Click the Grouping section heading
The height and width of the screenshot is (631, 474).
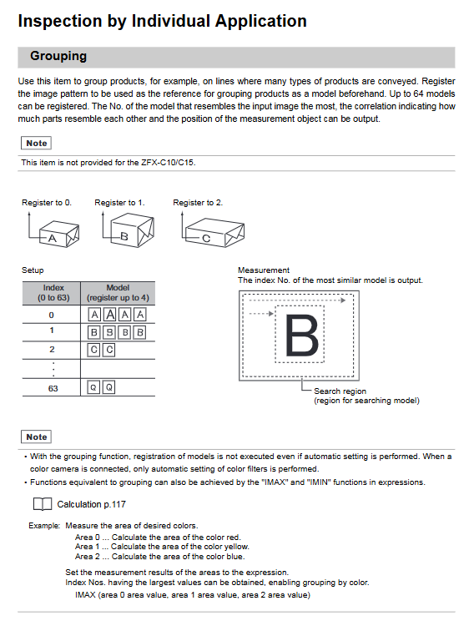coord(58,56)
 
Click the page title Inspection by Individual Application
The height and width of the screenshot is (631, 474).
coord(162,21)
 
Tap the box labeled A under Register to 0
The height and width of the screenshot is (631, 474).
coord(59,234)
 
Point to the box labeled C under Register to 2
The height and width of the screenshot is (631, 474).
coord(214,233)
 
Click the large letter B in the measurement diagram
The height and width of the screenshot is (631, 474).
coord(301,336)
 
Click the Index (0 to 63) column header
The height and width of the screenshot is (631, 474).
coord(53,293)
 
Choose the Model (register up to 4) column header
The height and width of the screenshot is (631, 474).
coord(118,293)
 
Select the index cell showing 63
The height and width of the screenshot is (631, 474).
coord(53,388)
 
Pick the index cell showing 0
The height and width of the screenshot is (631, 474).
coord(51,315)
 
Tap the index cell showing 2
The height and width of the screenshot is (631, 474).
coord(52,349)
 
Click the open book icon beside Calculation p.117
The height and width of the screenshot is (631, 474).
coord(43,504)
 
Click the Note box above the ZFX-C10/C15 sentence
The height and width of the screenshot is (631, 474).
coord(36,144)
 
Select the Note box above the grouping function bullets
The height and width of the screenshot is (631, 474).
coord(36,437)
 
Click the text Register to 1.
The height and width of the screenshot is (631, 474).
coord(119,203)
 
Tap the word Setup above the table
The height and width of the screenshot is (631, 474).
coord(33,270)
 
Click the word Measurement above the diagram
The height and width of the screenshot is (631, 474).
coord(264,270)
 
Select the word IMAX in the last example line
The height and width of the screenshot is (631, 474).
coord(85,595)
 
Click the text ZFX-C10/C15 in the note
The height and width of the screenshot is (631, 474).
coord(168,163)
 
